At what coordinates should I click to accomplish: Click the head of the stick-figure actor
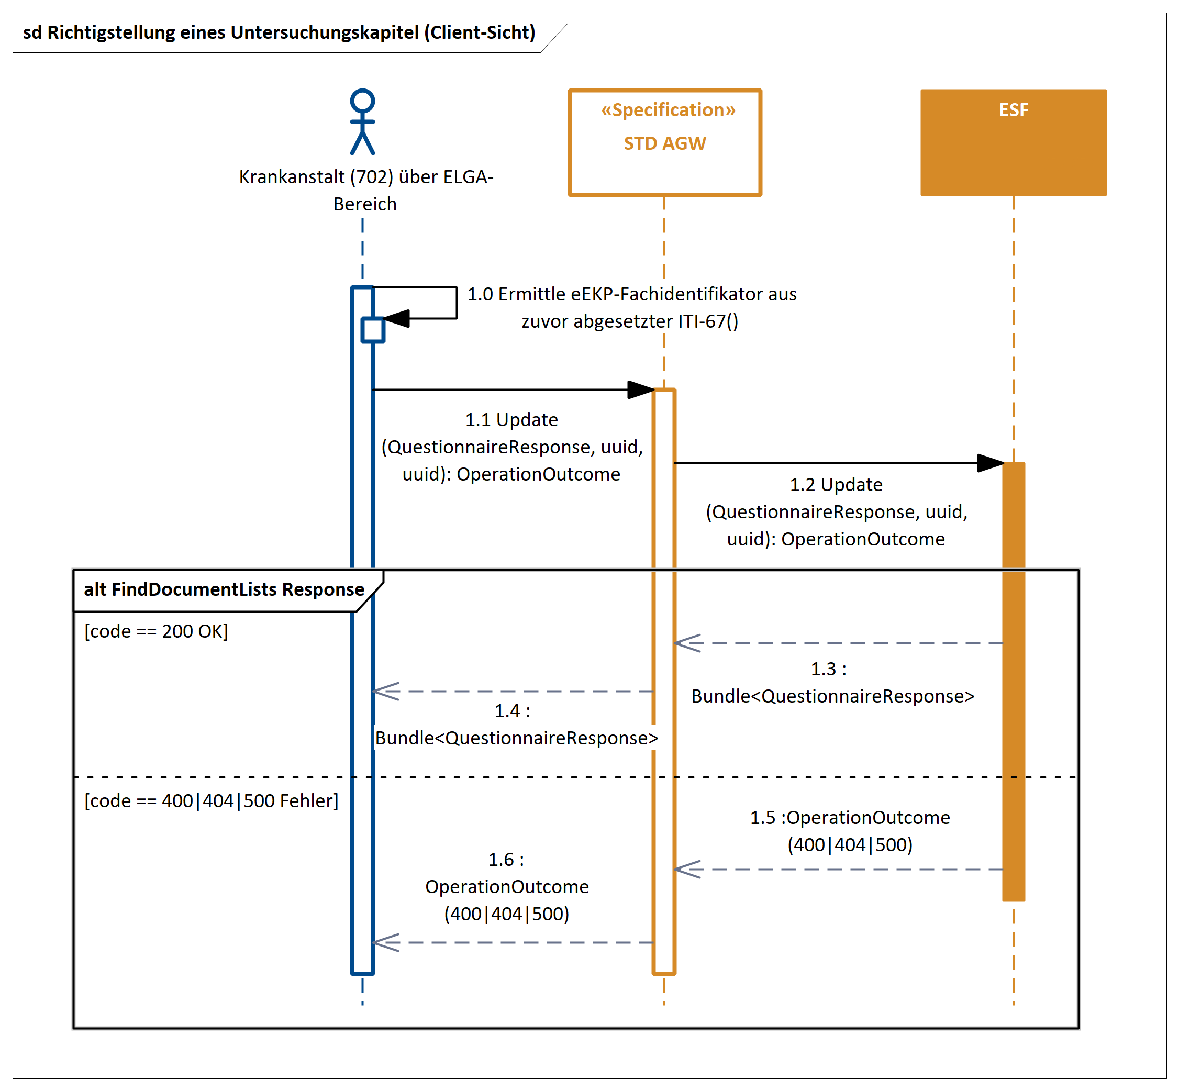[x=362, y=101]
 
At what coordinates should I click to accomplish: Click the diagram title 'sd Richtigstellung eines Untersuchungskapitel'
[x=279, y=32]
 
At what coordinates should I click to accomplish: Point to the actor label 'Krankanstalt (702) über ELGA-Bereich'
[x=365, y=190]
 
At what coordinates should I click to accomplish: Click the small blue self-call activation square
[x=373, y=330]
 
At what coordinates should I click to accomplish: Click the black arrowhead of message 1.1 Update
[x=641, y=389]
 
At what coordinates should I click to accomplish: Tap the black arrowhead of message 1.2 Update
[x=990, y=463]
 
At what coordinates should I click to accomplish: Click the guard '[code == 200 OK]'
[x=156, y=631]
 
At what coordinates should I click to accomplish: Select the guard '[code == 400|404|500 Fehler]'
[x=212, y=800]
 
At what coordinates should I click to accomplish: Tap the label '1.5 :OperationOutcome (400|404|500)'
[x=850, y=831]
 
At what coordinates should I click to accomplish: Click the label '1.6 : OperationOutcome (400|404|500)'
[x=507, y=886]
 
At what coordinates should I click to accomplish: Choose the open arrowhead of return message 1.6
[x=385, y=942]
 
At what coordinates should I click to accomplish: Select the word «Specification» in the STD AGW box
[x=668, y=110]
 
